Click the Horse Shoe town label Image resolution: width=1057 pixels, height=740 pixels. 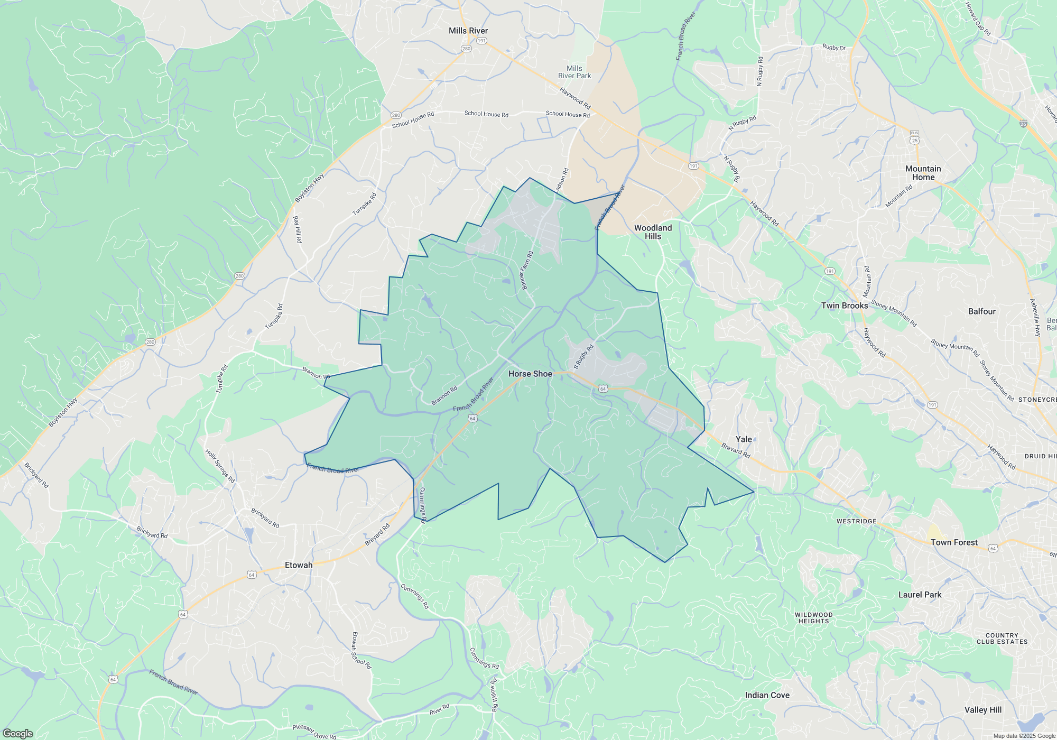click(x=530, y=374)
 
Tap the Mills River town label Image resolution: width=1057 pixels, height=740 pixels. click(x=468, y=31)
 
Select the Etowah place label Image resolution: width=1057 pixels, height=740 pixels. click(x=299, y=565)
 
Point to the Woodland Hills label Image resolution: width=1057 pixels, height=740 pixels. click(x=653, y=232)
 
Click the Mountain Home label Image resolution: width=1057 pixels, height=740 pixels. click(x=923, y=173)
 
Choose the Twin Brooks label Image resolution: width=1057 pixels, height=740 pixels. click(x=845, y=306)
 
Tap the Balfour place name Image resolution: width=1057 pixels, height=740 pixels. click(x=981, y=311)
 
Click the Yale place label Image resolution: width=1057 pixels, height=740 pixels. click(x=744, y=439)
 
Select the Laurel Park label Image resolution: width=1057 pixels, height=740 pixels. click(x=920, y=595)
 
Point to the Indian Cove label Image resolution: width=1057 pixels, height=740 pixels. click(x=767, y=695)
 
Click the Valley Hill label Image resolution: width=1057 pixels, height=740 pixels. click(x=982, y=710)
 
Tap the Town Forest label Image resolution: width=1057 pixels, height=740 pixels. click(x=954, y=542)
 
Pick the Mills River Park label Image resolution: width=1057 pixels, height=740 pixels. click(x=574, y=72)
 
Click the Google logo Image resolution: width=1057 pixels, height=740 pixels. click(x=18, y=733)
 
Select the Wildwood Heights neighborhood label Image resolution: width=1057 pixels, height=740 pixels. click(x=813, y=618)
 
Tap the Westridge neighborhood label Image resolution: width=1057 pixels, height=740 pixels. click(x=856, y=521)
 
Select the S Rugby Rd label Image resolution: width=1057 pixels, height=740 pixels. click(x=584, y=357)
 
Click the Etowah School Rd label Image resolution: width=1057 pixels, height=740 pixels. click(x=361, y=651)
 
